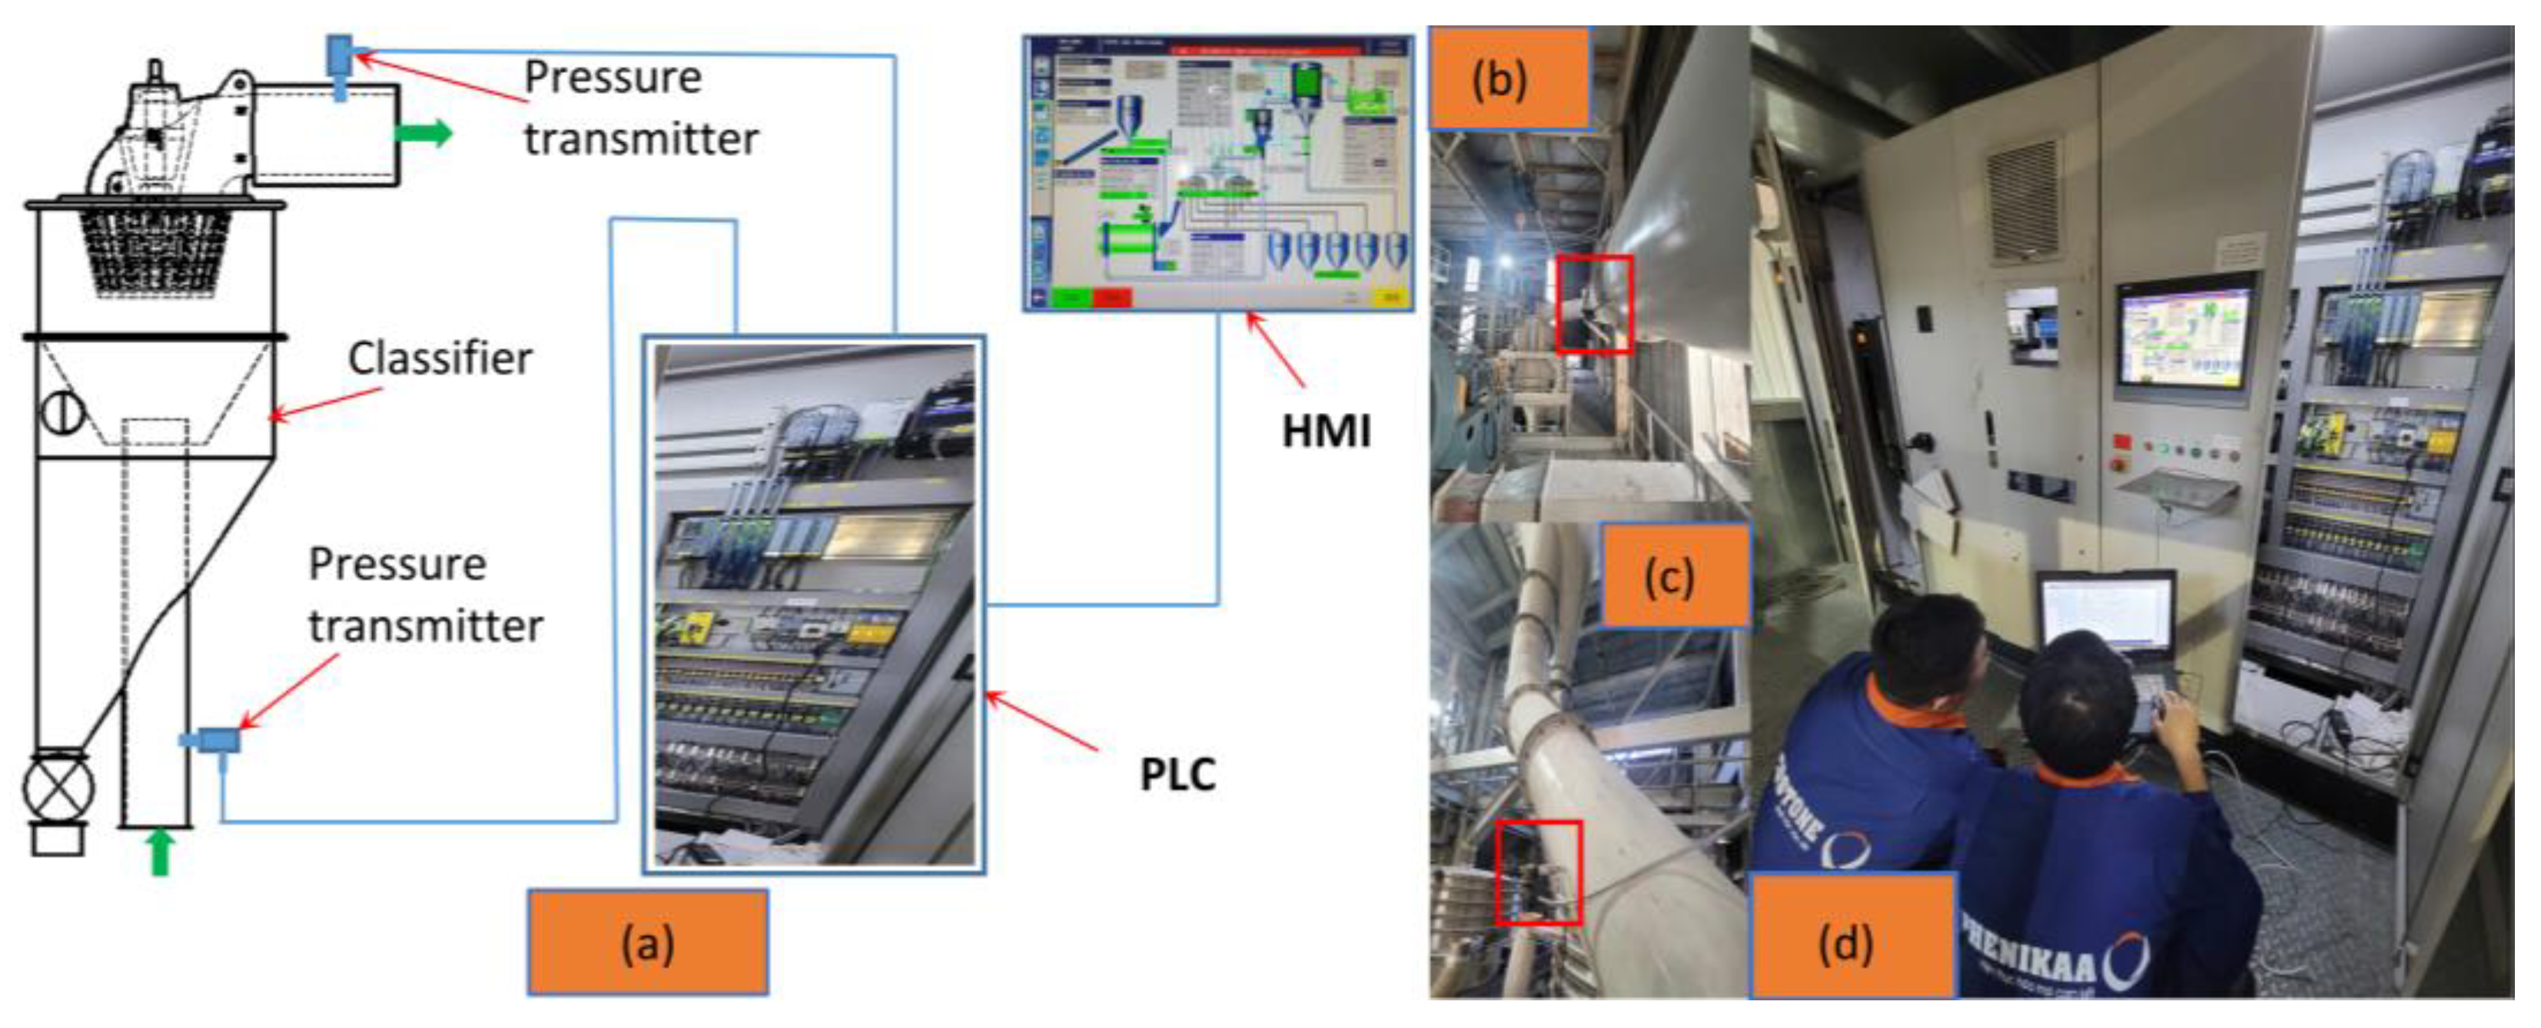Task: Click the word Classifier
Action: pos(440,359)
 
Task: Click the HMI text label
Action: pos(1325,431)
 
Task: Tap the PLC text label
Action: pos(1177,773)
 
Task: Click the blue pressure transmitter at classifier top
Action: pos(339,62)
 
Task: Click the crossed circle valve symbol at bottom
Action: pos(57,787)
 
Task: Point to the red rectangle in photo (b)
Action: pos(1594,303)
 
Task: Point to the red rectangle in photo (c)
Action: pos(1538,872)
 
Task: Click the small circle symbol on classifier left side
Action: pos(62,411)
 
